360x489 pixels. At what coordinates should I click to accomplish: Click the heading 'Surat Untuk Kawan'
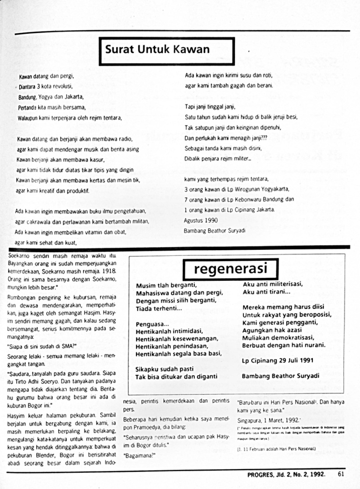pos(157,50)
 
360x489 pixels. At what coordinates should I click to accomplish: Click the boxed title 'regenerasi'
pos(230,269)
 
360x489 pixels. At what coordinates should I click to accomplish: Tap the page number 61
pos(341,474)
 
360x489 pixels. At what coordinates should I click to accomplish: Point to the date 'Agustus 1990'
pos(201,221)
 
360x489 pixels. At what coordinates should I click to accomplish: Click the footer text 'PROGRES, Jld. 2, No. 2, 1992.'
pos(286,474)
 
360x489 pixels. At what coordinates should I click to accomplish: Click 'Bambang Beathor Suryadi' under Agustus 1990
pos(214,230)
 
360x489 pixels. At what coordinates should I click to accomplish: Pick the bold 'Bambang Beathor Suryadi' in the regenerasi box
pos(280,376)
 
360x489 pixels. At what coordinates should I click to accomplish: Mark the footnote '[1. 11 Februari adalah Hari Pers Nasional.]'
pos(276,449)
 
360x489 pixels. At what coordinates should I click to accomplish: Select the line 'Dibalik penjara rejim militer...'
pos(218,159)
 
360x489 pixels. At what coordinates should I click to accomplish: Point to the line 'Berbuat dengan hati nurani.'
pos(284,345)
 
